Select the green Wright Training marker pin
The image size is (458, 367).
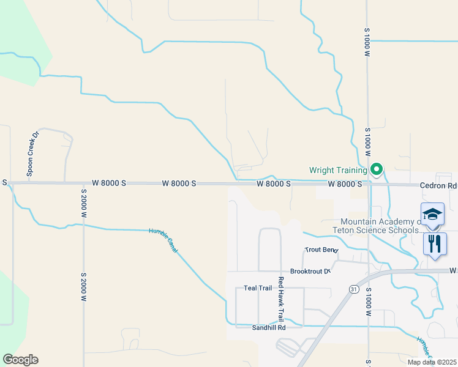pos(377,169)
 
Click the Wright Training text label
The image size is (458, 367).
pos(338,170)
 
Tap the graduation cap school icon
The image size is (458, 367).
pos(432,214)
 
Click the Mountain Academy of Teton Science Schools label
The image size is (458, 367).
pos(381,226)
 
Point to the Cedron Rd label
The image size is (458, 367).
pos(438,185)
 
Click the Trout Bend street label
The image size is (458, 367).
pos(321,250)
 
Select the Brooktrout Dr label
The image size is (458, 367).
pos(310,271)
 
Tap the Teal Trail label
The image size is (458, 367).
pos(257,287)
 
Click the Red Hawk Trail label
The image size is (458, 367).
pos(280,299)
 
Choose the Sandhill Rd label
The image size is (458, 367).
pos(269,328)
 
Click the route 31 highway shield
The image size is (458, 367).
pos(354,289)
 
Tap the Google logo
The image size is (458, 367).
pos(20,360)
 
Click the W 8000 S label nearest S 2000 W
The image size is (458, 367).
pos(110,183)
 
